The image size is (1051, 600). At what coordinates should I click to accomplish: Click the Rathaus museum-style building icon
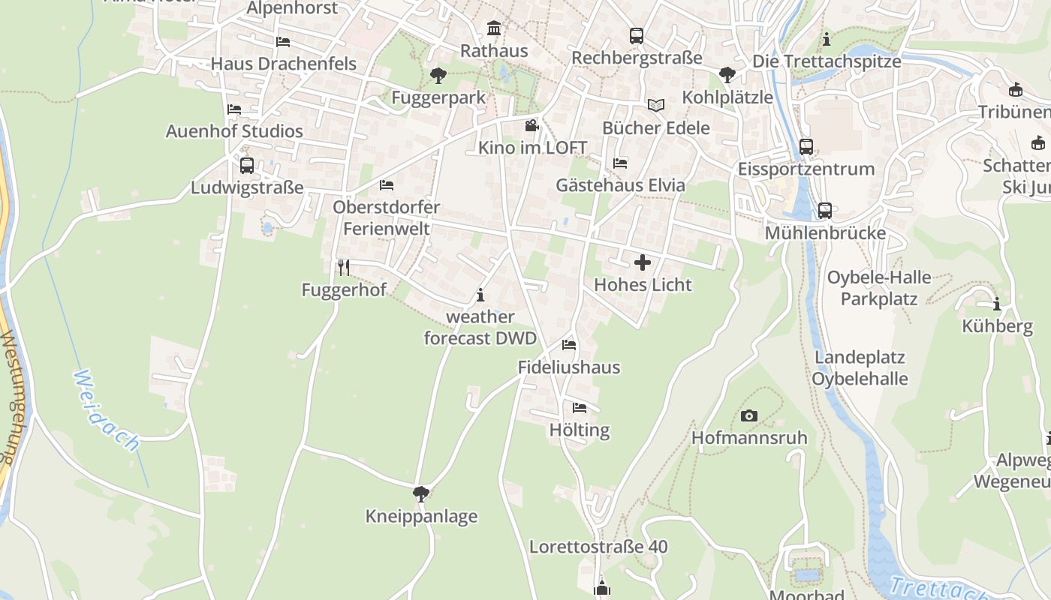coord(494,28)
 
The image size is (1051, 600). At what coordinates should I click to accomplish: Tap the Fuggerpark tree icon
coord(438,75)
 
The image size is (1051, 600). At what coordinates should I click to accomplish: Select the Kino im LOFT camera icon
coord(532,125)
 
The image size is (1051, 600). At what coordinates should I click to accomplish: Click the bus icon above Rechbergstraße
coord(637,35)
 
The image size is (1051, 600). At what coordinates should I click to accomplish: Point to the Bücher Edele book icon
coord(656,106)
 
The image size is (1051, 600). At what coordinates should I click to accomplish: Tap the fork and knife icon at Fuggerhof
coord(343,267)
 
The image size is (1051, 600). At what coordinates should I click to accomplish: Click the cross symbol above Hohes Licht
coord(643,262)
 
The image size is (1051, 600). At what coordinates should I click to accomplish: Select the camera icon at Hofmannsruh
coord(748,415)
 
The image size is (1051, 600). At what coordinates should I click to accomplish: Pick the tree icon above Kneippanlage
coord(421,493)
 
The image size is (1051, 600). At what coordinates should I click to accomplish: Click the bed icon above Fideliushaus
coord(569,345)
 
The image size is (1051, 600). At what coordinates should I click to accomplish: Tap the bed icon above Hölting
coord(580,408)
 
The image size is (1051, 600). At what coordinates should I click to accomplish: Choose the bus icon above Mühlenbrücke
coord(825,211)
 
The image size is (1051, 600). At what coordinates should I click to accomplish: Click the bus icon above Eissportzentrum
coord(806,147)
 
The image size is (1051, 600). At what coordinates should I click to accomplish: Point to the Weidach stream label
coord(107,410)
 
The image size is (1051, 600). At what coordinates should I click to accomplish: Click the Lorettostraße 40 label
coord(598,547)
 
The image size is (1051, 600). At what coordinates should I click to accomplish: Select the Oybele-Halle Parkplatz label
coord(879,288)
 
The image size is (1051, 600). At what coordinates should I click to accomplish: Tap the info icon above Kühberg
coord(997,304)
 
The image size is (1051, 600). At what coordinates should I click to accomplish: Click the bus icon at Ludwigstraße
coord(247,165)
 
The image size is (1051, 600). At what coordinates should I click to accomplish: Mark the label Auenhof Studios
coord(234,131)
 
